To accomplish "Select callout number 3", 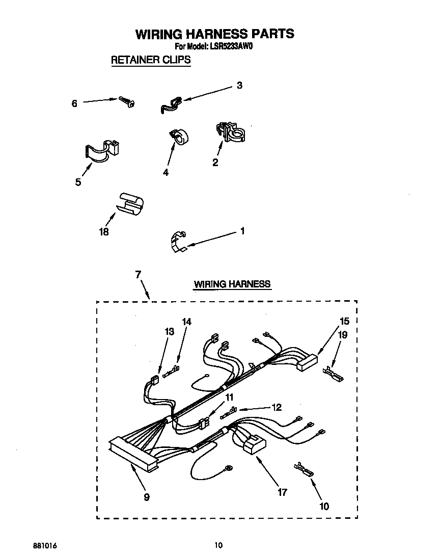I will point(239,86).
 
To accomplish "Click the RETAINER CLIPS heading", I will point(151,60).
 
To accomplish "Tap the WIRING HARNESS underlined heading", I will point(232,284).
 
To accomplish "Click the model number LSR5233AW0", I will point(230,46).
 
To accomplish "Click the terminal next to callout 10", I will point(303,469).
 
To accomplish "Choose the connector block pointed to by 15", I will point(308,364).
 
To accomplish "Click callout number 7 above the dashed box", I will point(137,274).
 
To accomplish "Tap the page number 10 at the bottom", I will point(218,545).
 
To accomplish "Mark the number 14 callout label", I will point(187,321).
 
